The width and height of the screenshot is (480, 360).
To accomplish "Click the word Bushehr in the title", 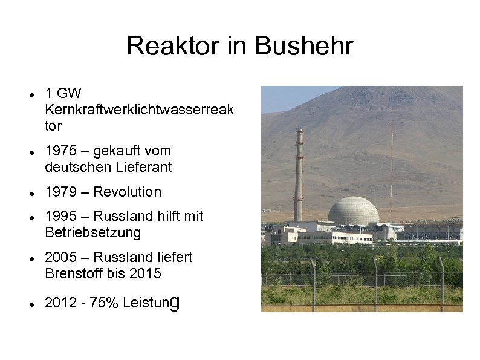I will (x=303, y=46).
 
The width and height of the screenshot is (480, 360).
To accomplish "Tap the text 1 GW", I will (x=63, y=93).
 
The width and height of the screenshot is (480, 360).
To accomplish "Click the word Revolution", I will (x=128, y=192).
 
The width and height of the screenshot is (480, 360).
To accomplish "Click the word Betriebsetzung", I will (x=92, y=232).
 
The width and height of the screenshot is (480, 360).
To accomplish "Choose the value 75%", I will (x=103, y=303).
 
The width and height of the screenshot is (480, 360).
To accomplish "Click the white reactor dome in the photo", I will (x=354, y=211).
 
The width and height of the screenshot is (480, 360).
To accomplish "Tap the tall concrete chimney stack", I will (x=299, y=175).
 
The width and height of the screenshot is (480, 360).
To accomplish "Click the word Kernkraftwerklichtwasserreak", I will (x=139, y=110).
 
